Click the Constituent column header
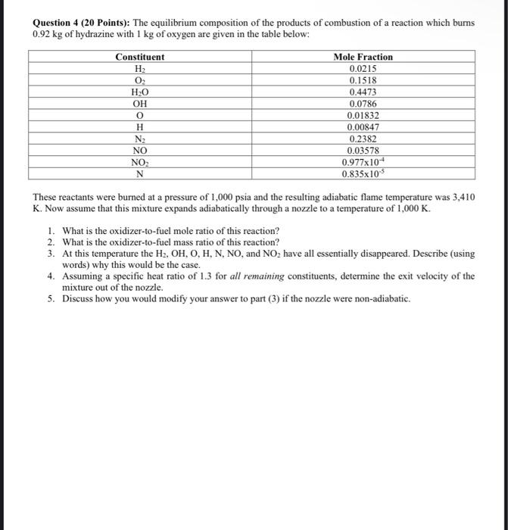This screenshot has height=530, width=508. (139, 57)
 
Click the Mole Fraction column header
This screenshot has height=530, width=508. (363, 57)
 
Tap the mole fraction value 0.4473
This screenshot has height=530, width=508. (363, 92)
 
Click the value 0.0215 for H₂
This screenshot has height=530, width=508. (363, 68)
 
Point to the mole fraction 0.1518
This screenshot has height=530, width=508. (363, 80)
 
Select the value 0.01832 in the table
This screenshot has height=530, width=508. (363, 115)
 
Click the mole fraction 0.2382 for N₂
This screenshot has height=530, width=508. (363, 139)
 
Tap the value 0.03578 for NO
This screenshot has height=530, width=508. (363, 150)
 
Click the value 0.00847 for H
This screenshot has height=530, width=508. (363, 127)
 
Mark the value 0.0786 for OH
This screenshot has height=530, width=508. (363, 104)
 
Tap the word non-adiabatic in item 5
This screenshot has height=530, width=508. (381, 299)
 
